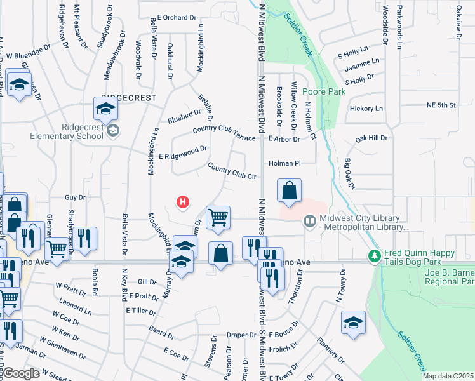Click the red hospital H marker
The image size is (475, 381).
coord(183,203)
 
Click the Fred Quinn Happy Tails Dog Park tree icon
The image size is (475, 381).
coord(375,256)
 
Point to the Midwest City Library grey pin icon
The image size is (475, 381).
coord(310,222)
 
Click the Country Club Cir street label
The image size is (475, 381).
coord(231,170)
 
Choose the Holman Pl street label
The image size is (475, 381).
coord(284,163)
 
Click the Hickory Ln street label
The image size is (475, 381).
coord(366,109)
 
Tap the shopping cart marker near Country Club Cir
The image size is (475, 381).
coord(218,218)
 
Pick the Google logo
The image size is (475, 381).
coord(20,373)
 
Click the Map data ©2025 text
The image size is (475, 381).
coord(448,376)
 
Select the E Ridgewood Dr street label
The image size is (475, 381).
coord(184,152)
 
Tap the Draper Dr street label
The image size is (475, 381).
coord(241,335)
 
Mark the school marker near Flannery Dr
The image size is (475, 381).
coord(353,322)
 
